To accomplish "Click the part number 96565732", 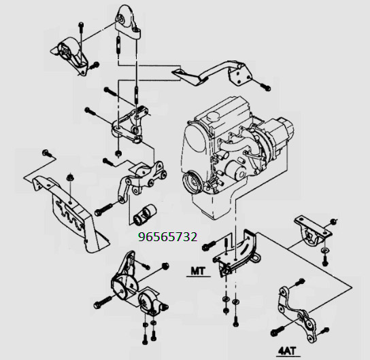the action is (x=168, y=237).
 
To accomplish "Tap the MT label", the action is (x=198, y=271).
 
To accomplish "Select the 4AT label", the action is (x=286, y=352).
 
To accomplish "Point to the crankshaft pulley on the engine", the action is (x=192, y=182).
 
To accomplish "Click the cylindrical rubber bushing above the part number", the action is (x=144, y=214).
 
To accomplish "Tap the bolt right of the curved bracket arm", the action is (x=265, y=87).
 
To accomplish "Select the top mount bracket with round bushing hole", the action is (x=127, y=21).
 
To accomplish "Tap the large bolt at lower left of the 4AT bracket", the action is (x=277, y=331).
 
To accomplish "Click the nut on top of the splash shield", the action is (x=69, y=177).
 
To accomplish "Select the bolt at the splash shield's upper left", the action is (x=47, y=154).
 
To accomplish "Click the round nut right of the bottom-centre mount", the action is (x=165, y=266).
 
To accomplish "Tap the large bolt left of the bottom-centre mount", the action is (x=102, y=302).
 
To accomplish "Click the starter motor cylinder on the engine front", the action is (x=235, y=170).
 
